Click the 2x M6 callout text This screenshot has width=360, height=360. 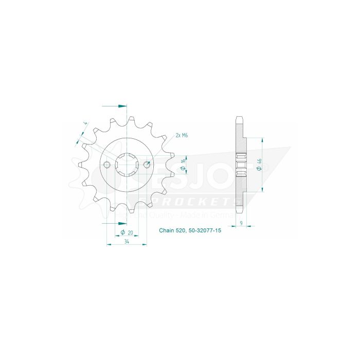181,135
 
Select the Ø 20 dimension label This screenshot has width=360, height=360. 127,233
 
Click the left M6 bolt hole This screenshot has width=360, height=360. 107,165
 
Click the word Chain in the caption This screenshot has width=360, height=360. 167,233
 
